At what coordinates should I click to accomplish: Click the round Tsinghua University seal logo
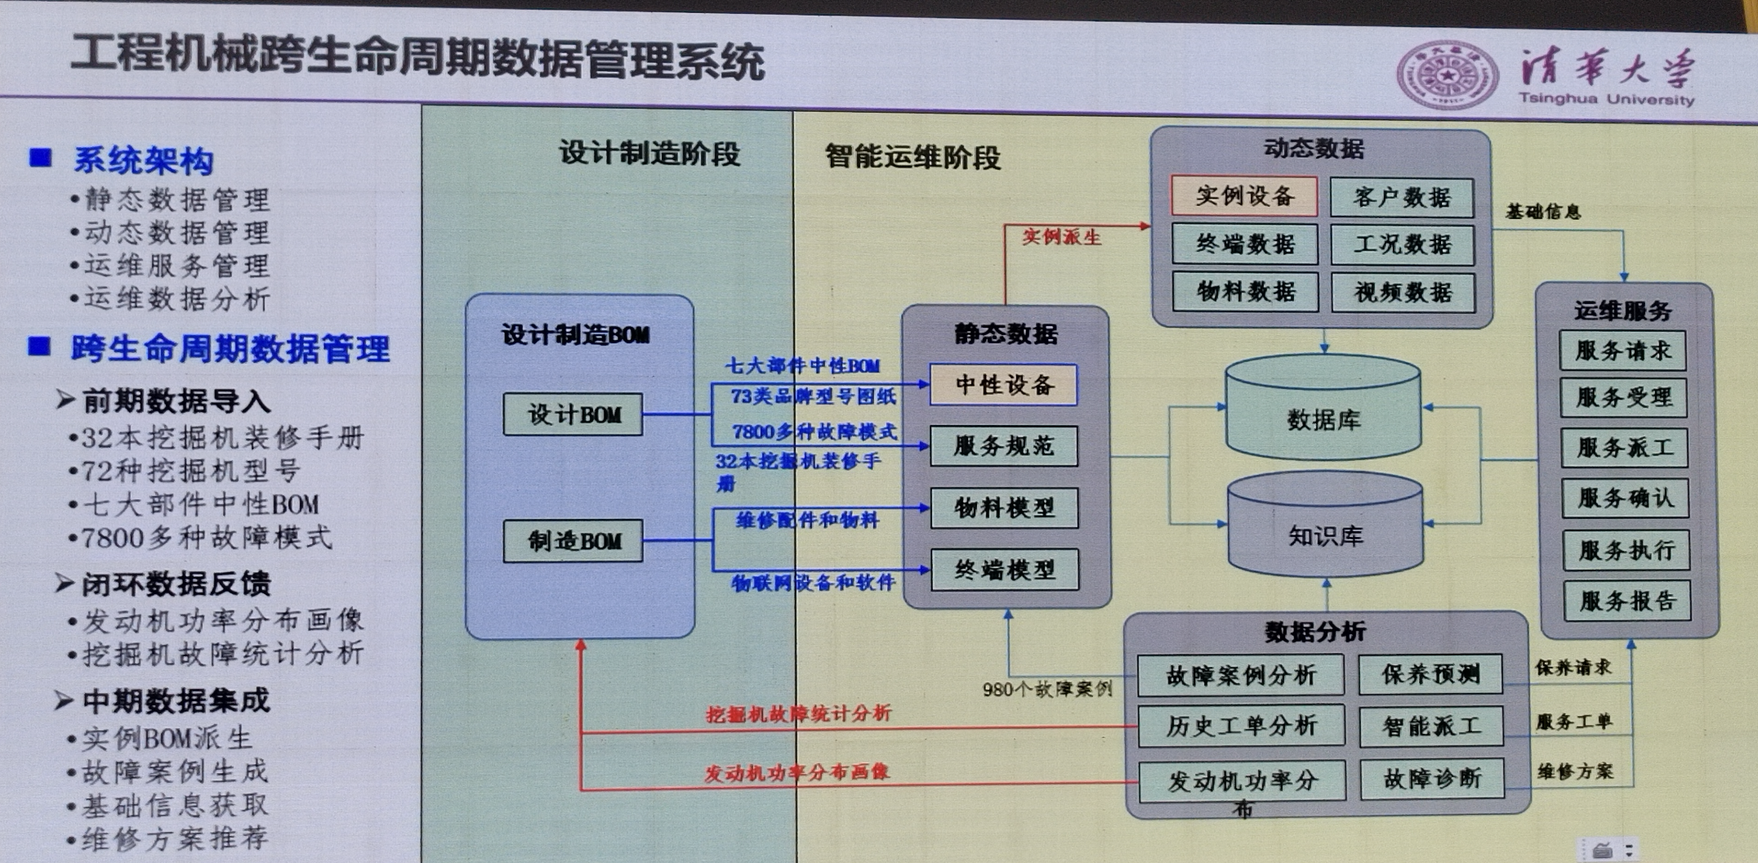1447,76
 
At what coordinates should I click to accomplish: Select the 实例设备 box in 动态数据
1243,196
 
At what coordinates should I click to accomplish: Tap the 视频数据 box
1403,292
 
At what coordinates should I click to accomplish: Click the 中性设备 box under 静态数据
1004,385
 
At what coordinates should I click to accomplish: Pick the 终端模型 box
1004,570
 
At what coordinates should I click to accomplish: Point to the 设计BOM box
573,414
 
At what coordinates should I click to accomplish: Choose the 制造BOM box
573,541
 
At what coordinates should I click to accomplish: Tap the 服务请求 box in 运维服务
1622,351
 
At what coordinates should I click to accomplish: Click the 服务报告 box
1627,601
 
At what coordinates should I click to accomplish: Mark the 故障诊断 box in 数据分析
1431,778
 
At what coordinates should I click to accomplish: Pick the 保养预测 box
1430,674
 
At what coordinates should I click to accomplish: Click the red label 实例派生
1061,237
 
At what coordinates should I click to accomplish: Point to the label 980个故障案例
1046,690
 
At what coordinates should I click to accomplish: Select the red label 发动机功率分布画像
796,772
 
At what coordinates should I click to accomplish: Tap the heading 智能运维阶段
912,156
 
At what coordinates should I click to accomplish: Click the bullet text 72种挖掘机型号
191,472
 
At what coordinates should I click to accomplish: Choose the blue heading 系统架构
144,161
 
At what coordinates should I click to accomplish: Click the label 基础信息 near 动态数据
1543,212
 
